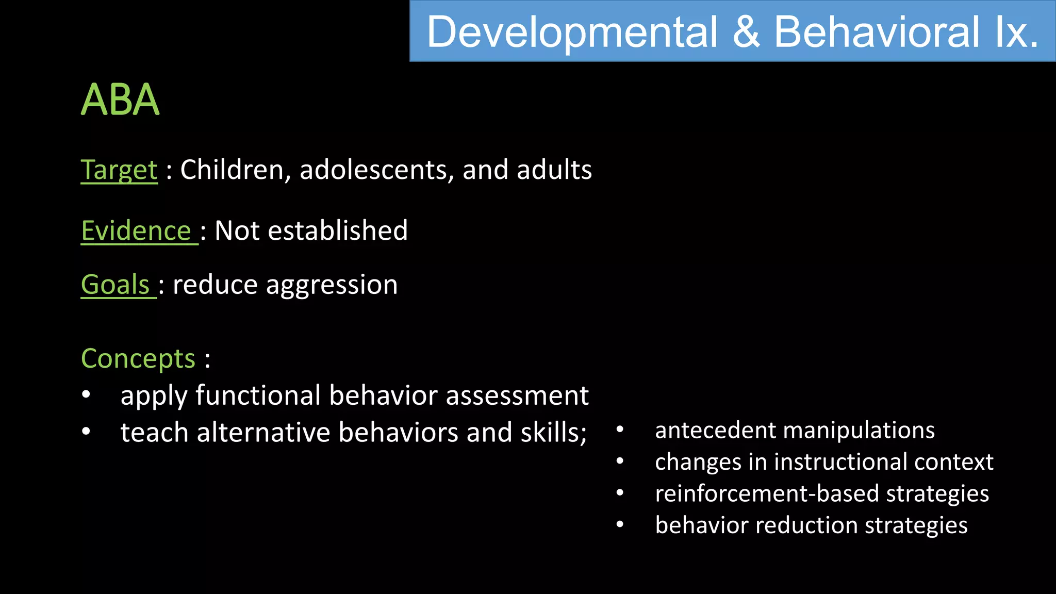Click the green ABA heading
(120, 100)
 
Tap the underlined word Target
(119, 170)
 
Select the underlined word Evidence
(136, 230)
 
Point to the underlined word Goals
(115, 285)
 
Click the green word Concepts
(138, 358)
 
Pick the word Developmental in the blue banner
(572, 32)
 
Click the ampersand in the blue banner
(746, 32)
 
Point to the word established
(338, 230)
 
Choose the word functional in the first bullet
(258, 395)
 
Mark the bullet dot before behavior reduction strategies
(620, 525)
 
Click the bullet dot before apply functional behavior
(86, 395)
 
